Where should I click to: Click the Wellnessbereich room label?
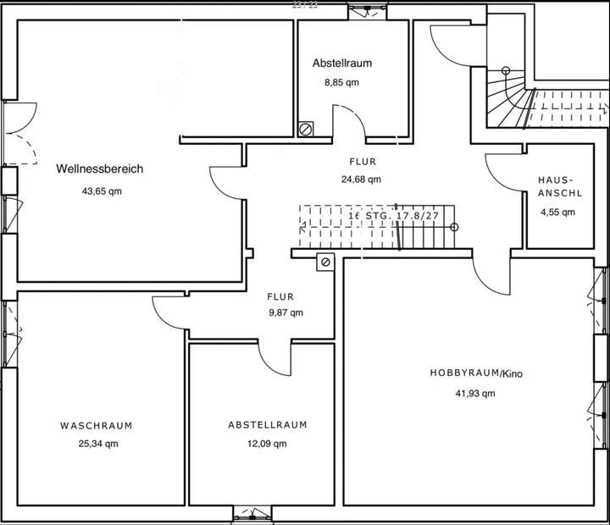(99, 169)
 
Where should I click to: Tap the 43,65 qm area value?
(102, 191)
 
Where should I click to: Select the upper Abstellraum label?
(341, 63)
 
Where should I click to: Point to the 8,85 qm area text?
(341, 83)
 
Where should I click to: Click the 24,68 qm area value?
(361, 180)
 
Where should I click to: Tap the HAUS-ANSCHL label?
(557, 186)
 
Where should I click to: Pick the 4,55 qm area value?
(557, 213)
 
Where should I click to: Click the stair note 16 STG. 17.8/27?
(394, 216)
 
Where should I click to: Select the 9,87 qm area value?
(286, 312)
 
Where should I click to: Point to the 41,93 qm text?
(474, 393)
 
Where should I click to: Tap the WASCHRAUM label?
(96, 425)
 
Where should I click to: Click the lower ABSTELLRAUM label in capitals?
(267, 425)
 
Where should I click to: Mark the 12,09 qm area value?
(269, 444)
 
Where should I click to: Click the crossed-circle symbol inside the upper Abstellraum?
(306, 130)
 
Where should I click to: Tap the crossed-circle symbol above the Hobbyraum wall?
(324, 262)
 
